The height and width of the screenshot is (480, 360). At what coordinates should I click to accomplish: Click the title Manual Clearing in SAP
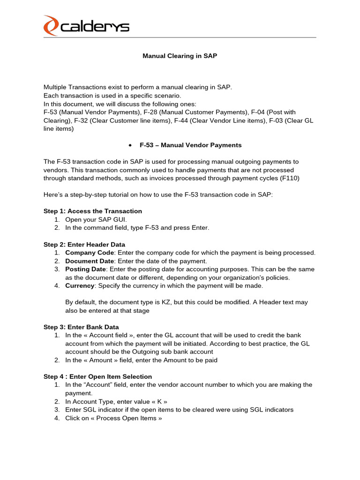click(180, 56)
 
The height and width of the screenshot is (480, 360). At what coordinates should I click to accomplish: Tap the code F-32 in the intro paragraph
click(82, 120)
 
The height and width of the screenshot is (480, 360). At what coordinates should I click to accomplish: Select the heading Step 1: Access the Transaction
click(93, 211)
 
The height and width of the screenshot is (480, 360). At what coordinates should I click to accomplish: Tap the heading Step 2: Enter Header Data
click(84, 244)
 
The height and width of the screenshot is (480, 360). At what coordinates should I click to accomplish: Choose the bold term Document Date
click(89, 261)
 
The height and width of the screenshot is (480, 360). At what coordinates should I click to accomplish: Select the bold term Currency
click(80, 285)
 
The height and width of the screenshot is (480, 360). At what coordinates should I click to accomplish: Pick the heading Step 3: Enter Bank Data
click(81, 327)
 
